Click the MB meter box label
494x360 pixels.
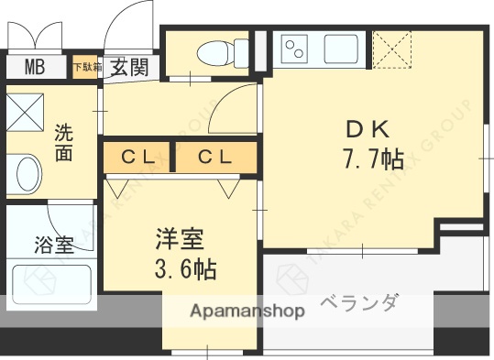(x=34, y=67)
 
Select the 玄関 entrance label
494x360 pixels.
(x=130, y=67)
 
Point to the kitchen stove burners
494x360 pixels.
(x=296, y=49)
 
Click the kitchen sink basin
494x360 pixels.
(x=340, y=48)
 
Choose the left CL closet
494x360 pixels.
(x=138, y=158)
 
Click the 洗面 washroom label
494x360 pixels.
(x=63, y=142)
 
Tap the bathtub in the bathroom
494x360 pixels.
(x=51, y=284)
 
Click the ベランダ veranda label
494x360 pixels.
(x=360, y=303)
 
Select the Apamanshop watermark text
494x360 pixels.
(x=247, y=311)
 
